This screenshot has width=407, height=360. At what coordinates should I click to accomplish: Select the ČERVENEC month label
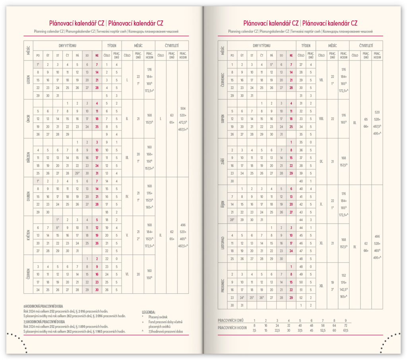click(x=223, y=80)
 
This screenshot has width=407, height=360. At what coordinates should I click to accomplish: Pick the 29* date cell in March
click(x=77, y=173)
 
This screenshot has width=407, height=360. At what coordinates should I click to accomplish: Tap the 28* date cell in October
click(x=232, y=220)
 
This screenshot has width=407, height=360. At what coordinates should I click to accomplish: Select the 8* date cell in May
click(x=58, y=228)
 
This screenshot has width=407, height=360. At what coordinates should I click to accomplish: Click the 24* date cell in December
click(x=241, y=298)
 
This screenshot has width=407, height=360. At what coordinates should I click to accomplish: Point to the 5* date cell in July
click(x=271, y=64)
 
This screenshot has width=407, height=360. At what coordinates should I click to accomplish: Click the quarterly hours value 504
click(x=183, y=109)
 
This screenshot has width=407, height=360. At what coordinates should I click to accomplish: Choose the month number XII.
click(x=321, y=286)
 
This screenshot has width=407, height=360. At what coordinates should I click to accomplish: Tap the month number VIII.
click(x=321, y=119)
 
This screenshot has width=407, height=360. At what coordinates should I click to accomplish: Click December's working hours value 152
click(x=344, y=275)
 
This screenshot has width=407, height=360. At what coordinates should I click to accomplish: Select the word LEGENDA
click(x=149, y=312)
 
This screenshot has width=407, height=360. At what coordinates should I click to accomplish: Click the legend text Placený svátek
click(x=158, y=317)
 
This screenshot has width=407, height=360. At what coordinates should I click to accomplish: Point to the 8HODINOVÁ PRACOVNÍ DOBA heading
click(x=41, y=306)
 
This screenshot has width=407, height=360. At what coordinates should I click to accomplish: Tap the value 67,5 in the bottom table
click(x=345, y=330)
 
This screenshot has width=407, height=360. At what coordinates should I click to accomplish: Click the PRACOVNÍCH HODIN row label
click(x=233, y=328)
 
